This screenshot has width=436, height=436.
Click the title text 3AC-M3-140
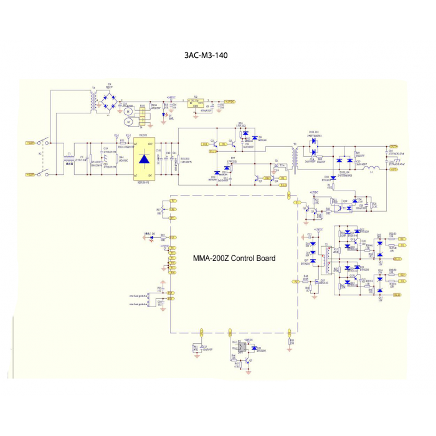coord(206,55)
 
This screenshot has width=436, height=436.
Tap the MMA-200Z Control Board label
coord(234,258)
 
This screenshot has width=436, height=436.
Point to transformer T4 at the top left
coord(94,100)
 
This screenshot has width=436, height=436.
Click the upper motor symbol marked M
coord(127,111)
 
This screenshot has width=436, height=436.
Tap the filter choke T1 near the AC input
coord(68,161)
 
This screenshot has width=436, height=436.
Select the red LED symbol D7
coord(164,115)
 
